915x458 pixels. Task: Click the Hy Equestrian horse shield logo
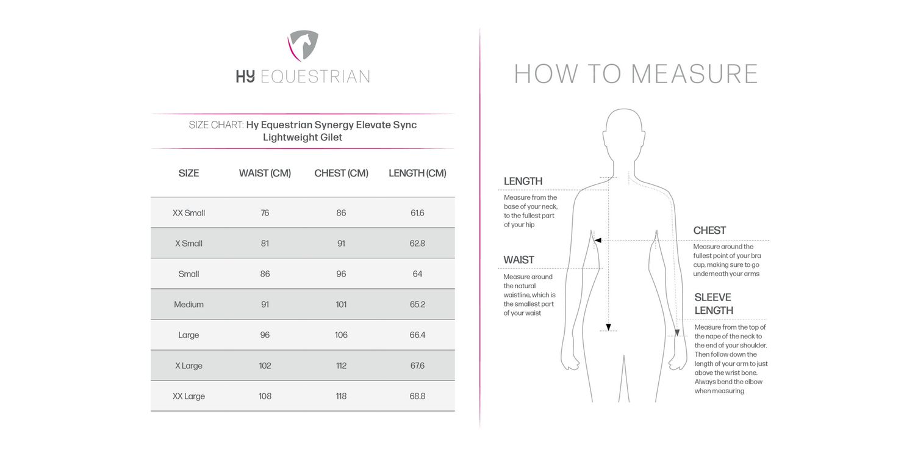[303, 46]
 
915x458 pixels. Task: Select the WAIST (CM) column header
[265, 173]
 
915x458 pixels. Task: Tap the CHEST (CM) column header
[341, 173]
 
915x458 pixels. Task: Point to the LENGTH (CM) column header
[417, 173]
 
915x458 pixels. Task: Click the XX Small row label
[188, 213]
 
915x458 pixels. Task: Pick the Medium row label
[188, 305]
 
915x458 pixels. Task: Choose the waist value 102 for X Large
[265, 366]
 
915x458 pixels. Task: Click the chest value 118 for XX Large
[341, 396]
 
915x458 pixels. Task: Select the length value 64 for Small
[417, 274]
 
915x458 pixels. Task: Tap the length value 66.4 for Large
[417, 335]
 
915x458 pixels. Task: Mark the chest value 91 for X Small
[341, 244]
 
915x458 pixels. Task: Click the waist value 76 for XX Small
[265, 213]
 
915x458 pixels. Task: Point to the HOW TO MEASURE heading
[636, 74]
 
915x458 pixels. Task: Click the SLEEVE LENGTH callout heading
[713, 304]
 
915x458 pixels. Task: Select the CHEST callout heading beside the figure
[709, 231]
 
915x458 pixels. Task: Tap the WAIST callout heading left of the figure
[518, 260]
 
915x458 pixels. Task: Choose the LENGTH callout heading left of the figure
[523, 181]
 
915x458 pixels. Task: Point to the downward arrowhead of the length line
[609, 326]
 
